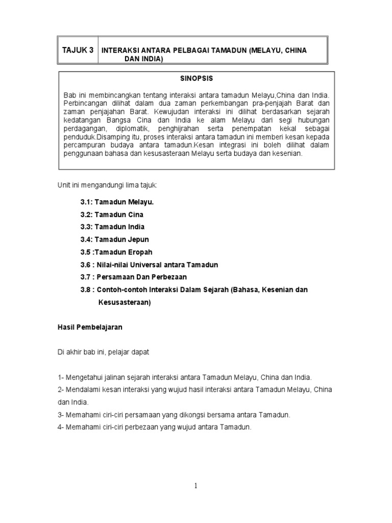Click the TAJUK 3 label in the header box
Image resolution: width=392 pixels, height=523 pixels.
click(78, 50)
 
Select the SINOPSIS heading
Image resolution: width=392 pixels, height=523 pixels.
click(197, 79)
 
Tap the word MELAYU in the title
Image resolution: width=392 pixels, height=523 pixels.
click(263, 51)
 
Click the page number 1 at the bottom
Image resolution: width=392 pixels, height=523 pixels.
click(195, 486)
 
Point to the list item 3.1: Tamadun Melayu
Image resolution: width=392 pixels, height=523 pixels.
click(117, 202)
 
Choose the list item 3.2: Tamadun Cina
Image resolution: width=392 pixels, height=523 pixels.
click(112, 215)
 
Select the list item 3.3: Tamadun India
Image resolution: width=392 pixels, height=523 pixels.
click(112, 227)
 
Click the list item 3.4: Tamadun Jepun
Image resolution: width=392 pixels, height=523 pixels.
click(114, 240)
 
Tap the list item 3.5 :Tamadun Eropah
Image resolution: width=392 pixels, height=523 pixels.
click(116, 252)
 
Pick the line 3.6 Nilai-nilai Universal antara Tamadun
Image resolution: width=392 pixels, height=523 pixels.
click(149, 265)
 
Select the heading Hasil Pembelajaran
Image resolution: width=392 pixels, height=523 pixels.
click(89, 327)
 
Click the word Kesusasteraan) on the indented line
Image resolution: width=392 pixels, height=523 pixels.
click(125, 302)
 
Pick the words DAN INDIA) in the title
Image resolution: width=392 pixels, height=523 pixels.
click(144, 60)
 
